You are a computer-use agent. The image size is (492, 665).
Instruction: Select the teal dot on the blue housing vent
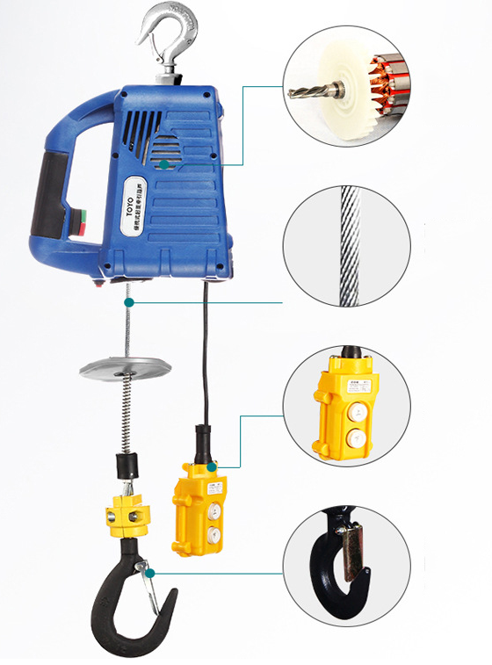point(164,163)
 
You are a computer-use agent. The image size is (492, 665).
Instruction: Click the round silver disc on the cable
point(124,368)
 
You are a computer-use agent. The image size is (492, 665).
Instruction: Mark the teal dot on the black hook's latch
point(152,573)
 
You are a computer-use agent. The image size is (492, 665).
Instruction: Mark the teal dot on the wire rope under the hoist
point(129,301)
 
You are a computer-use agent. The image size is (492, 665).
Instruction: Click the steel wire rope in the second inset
point(347,246)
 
